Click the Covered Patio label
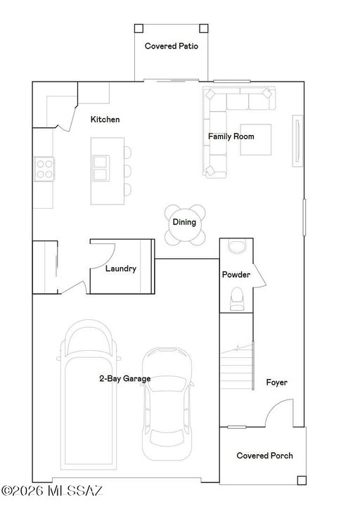[171, 46]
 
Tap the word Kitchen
[105, 120]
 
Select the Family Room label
[231, 136]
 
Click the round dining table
[185, 225]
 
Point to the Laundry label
[121, 269]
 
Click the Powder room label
[236, 274]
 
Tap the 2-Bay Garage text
[125, 378]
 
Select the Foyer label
[277, 383]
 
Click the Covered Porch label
[264, 456]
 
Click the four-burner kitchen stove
[44, 169]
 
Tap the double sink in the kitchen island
[101, 168]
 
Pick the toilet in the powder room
[237, 299]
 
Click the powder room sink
[237, 247]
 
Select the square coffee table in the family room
[256, 139]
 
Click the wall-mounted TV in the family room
[297, 141]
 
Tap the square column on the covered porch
[302, 480]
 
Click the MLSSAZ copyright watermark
[52, 491]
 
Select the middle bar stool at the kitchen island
[127, 171]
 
